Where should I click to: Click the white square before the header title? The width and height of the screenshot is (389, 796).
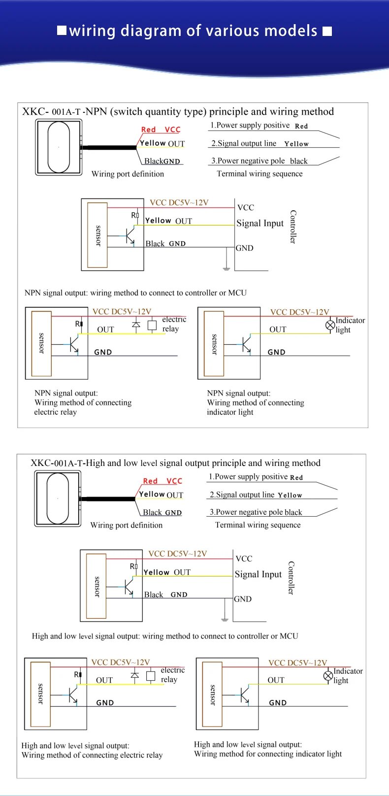click(62, 31)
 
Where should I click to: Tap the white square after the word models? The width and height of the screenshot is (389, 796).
click(327, 32)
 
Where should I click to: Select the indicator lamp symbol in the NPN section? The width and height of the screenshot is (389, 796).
click(330, 325)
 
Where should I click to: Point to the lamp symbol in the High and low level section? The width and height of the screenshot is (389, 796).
click(328, 676)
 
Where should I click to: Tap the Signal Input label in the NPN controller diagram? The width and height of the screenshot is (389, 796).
click(260, 223)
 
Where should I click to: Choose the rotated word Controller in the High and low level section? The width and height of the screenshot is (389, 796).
click(291, 577)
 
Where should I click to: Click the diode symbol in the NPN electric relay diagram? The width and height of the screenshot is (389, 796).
click(136, 324)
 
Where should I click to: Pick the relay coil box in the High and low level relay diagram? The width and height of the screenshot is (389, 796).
click(151, 675)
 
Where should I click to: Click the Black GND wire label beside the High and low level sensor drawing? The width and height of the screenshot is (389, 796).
click(162, 512)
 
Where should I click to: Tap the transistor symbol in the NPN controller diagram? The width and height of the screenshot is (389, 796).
click(129, 235)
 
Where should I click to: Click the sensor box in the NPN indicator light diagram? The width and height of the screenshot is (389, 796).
click(214, 343)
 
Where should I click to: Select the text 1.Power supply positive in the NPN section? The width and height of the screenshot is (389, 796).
click(250, 125)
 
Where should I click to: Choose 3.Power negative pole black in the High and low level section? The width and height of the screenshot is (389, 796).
click(256, 512)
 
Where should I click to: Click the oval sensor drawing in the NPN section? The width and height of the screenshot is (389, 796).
click(59, 147)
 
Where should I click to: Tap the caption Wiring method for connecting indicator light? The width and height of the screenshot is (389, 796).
click(267, 754)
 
